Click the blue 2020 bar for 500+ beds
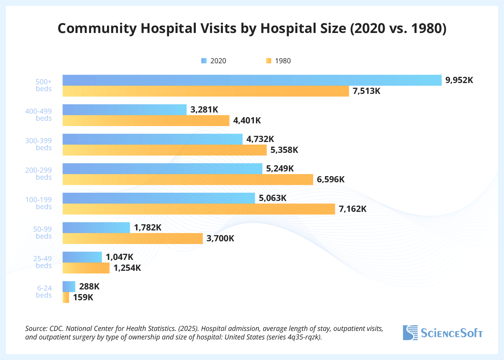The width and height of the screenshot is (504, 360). coord(252,80)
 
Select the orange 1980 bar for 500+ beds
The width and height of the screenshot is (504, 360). coord(205,91)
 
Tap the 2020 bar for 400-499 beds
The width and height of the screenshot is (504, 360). coord(124,110)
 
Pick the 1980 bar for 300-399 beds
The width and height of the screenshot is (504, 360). coord(164,150)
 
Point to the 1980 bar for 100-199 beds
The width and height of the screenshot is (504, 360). coord(198,209)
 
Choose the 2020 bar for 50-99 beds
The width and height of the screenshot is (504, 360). coord(96,228)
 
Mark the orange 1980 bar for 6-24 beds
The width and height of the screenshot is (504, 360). coord(66,298)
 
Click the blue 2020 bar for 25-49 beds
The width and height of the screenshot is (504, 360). coord(82,257)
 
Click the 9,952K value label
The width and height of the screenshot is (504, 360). coord(459,80)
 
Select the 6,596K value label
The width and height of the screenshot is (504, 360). coord(330,180)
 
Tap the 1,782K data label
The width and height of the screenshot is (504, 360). coord(147,228)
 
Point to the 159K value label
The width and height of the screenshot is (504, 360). coord(83,298)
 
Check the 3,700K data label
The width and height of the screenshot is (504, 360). coord(220,239)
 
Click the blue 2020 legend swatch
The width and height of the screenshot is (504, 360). coord(204,61)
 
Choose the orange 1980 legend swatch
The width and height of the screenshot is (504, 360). coord(269,61)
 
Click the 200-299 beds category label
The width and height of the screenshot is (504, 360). coord(38,174)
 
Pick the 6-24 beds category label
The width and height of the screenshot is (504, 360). coord(44,292)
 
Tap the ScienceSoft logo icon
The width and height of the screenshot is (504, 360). coord(410,333)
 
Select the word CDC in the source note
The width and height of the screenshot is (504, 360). coord(56,329)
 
